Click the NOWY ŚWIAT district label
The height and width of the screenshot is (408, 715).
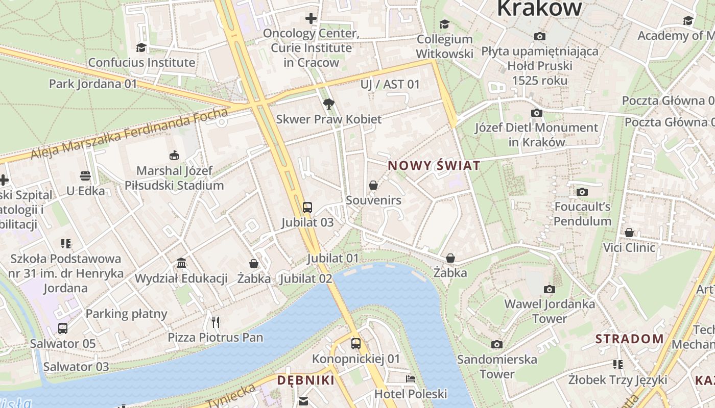(x=434, y=165)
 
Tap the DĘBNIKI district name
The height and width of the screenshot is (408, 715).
(x=305, y=380)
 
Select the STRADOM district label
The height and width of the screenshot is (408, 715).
(x=629, y=339)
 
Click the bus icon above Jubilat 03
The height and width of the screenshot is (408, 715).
(x=307, y=207)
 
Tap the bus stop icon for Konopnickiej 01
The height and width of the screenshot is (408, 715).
(x=356, y=344)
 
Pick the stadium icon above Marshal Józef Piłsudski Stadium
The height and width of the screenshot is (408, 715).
(x=174, y=155)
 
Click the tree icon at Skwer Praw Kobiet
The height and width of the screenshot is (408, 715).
(x=329, y=104)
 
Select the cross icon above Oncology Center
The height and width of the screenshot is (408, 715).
(x=311, y=19)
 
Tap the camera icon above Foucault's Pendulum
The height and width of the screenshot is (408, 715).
(x=582, y=192)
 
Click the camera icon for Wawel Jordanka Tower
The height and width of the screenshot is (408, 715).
(x=550, y=289)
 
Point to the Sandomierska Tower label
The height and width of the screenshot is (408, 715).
(x=497, y=366)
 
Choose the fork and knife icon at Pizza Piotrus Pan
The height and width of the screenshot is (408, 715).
(x=216, y=322)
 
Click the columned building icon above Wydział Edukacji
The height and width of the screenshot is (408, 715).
(x=181, y=263)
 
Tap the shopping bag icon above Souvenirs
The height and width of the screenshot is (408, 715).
(x=373, y=185)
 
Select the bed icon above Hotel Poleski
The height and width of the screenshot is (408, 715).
(x=411, y=378)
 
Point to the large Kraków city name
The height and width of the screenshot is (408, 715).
(x=539, y=8)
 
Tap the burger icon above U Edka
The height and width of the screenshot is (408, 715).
(x=85, y=176)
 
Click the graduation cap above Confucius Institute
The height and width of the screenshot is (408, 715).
(x=141, y=47)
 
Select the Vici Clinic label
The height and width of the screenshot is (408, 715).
(x=629, y=248)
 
